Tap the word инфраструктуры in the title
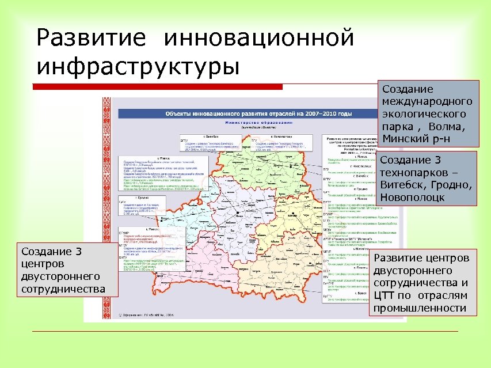coord(138,64)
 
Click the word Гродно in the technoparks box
coord(450,185)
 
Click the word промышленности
coord(420,308)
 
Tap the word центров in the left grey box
coord(40,264)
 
